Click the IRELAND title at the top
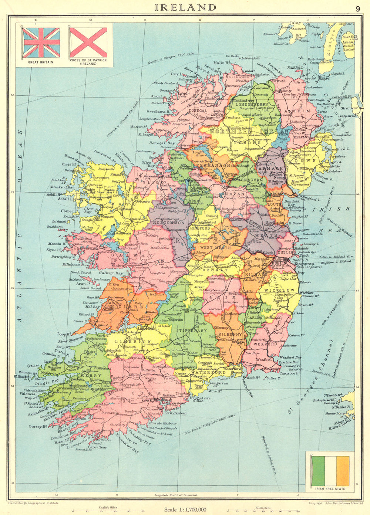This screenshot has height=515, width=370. (x=185, y=7)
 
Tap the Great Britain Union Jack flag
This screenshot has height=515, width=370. (x=41, y=43)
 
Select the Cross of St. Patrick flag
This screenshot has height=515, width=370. (x=88, y=43)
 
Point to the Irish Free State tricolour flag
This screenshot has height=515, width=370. (x=330, y=471)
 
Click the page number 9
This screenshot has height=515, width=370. (x=358, y=9)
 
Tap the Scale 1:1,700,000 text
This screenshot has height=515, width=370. (x=185, y=510)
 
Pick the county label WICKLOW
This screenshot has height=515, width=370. (x=279, y=291)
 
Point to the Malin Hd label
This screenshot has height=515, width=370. (x=222, y=63)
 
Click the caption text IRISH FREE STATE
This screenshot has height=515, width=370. (x=330, y=489)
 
